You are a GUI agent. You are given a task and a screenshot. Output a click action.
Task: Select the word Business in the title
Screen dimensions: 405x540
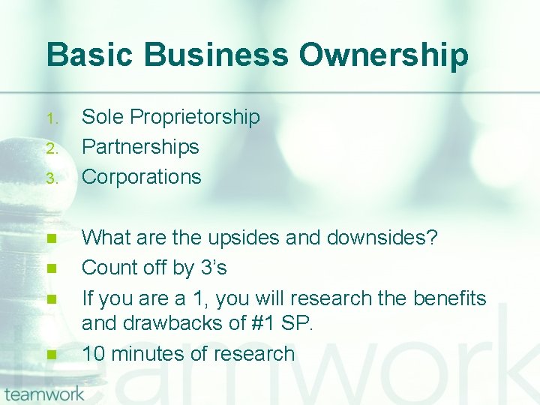(x=213, y=55)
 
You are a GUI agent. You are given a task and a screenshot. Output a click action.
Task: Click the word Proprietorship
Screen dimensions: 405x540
(x=194, y=118)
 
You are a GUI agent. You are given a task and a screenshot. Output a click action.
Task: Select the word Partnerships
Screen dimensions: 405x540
(x=140, y=147)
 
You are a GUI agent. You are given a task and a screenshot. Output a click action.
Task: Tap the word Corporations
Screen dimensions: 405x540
(x=141, y=177)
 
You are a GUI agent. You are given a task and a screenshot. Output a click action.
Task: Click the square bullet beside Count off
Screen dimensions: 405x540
(x=51, y=268)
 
